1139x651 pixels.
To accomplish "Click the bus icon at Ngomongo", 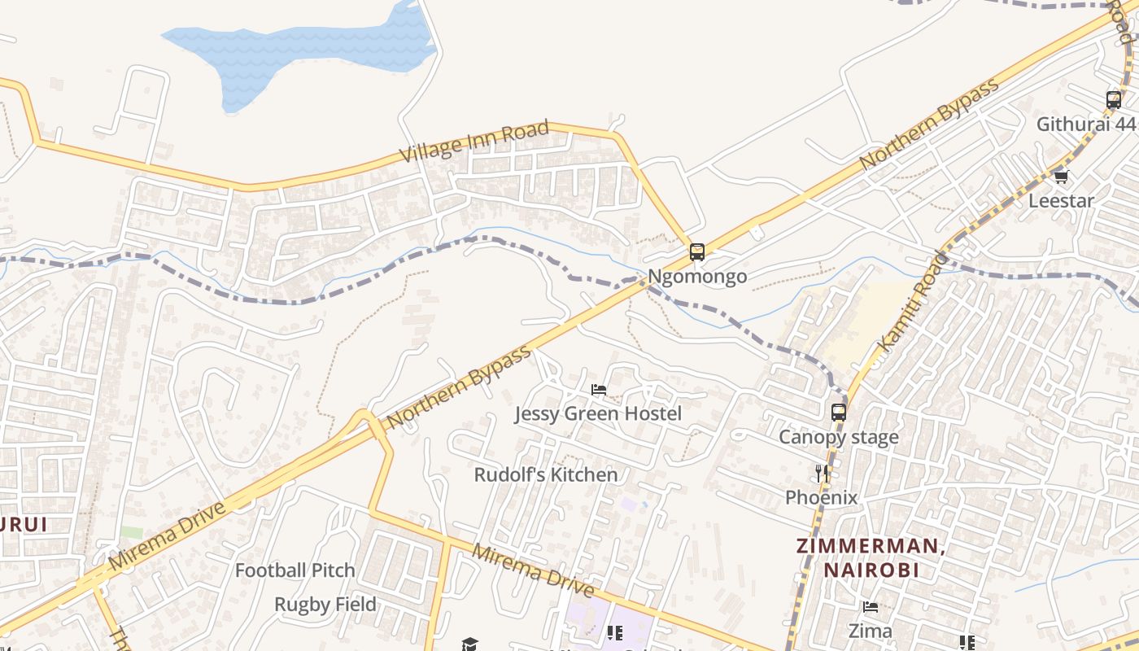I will (x=697, y=251).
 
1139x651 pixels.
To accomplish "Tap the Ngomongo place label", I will (x=697, y=277).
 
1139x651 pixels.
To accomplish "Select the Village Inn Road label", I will (x=474, y=142).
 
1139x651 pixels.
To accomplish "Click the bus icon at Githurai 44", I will (x=1114, y=100).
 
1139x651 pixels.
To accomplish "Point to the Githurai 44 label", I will (x=1085, y=125).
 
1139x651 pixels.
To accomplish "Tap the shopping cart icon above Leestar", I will (x=1060, y=176).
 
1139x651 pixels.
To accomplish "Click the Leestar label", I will (x=1061, y=200).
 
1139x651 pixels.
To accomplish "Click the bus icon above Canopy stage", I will (x=839, y=412).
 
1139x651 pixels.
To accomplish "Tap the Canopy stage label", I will (x=838, y=437).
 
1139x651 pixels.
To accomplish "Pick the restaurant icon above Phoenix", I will (x=822, y=473).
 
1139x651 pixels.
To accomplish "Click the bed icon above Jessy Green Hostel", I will (x=599, y=389).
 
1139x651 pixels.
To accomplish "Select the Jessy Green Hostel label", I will (x=598, y=413).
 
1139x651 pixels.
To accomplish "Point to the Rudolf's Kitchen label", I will (x=546, y=474).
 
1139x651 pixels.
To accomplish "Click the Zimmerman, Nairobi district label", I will (x=871, y=557).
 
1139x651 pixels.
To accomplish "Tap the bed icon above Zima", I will (x=870, y=606).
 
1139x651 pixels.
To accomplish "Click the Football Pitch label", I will (x=295, y=570).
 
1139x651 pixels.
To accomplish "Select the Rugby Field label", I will (x=325, y=605).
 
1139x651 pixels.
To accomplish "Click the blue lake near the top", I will (x=309, y=53).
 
